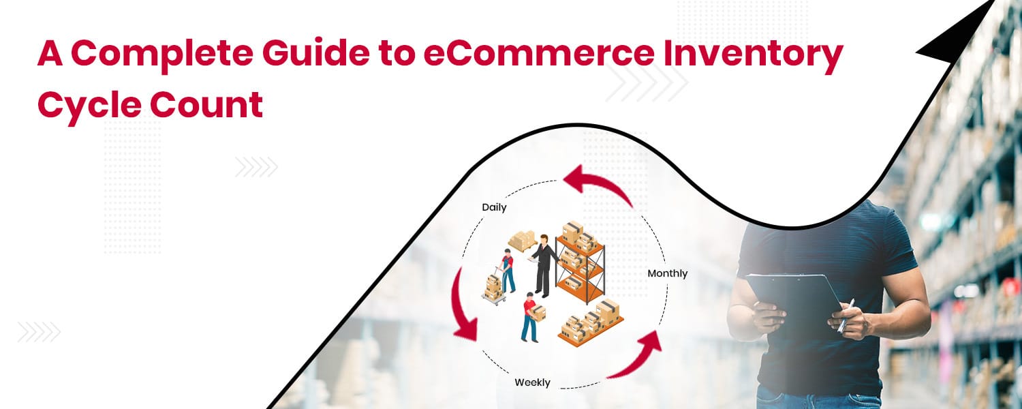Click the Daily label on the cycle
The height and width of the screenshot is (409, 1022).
click(x=494, y=207)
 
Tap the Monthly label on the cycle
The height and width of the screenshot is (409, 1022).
click(x=667, y=273)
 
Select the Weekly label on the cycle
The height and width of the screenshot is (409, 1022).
click(x=532, y=382)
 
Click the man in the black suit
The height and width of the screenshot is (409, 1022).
click(x=543, y=265)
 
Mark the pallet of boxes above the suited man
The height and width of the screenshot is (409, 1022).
click(x=522, y=241)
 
